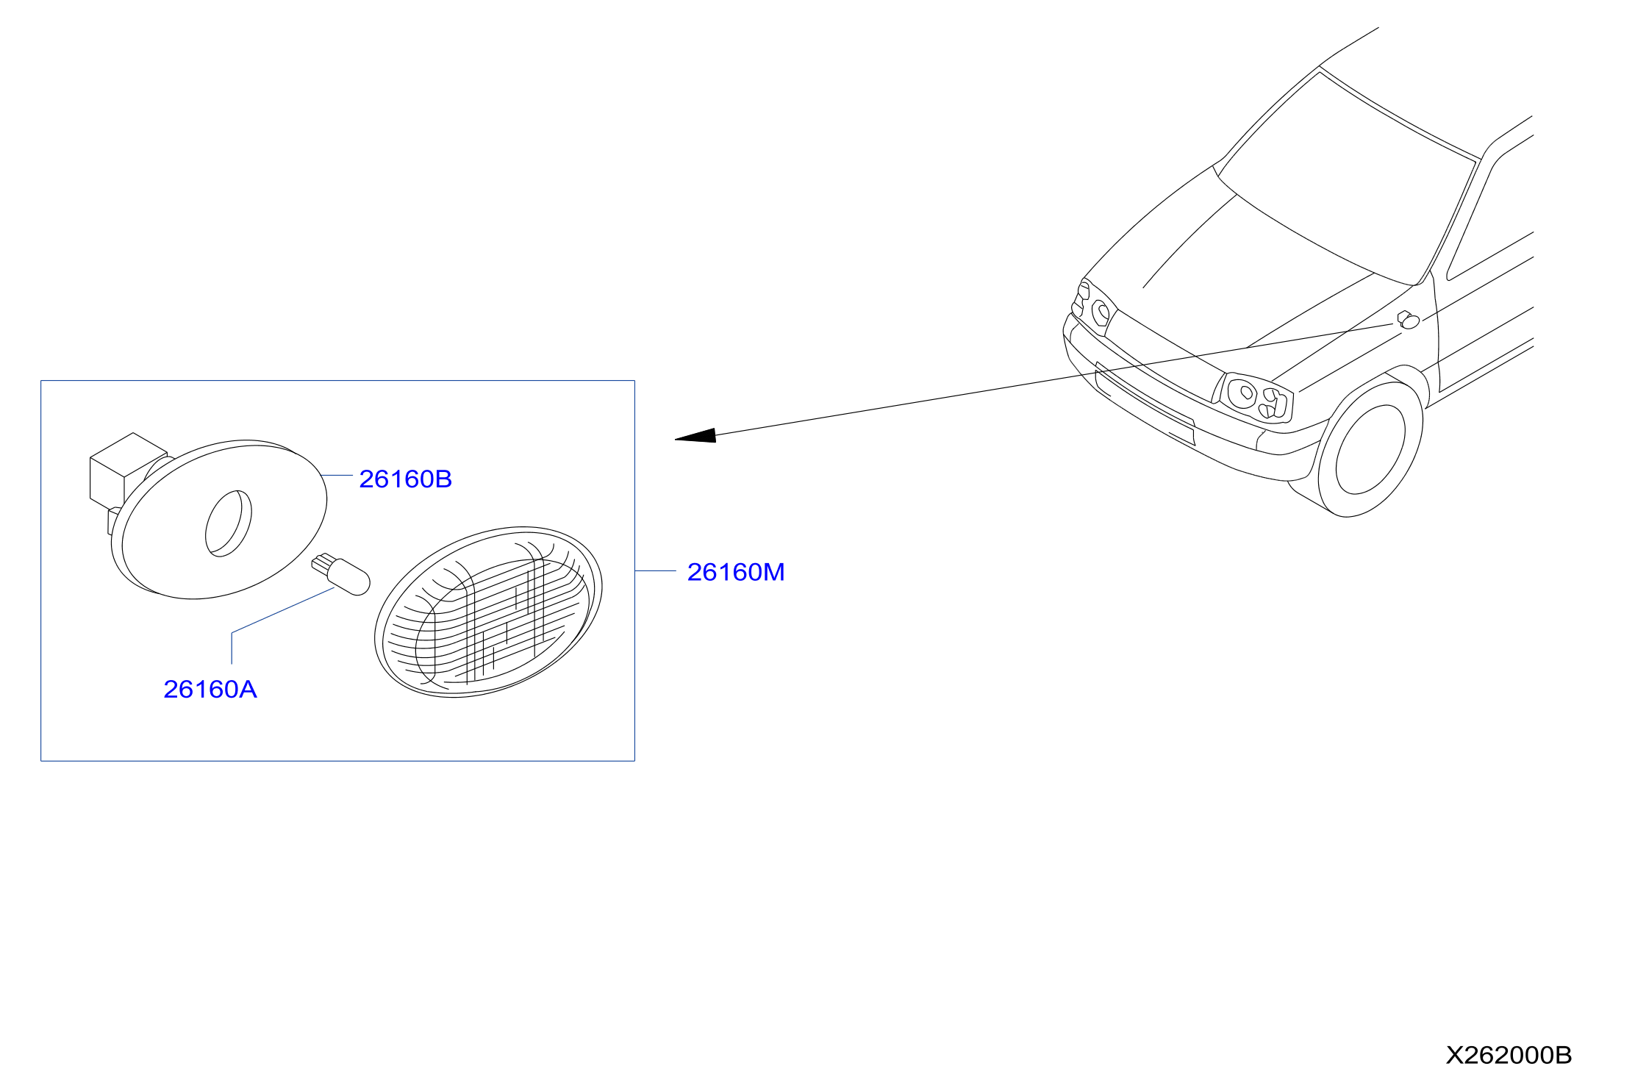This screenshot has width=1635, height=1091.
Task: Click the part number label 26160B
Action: pos(405,479)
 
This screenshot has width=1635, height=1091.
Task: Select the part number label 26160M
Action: pos(736,572)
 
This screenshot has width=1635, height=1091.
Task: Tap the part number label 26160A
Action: pos(210,690)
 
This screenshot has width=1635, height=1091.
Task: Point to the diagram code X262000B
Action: pos(1509,1056)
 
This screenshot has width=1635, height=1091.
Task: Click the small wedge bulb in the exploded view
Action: pos(340,574)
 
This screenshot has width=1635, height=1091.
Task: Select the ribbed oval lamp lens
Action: pos(488,612)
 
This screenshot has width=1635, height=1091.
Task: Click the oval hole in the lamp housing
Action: pos(228,523)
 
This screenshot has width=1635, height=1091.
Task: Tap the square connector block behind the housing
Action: pos(121,471)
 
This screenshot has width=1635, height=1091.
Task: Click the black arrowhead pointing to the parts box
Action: pos(695,436)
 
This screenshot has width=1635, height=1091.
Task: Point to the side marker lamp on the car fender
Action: pos(1408,320)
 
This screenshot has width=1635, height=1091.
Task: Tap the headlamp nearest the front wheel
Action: pos(1256,398)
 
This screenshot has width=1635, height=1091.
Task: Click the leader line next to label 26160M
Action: pos(656,570)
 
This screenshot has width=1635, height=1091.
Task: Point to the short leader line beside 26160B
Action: pos(337,476)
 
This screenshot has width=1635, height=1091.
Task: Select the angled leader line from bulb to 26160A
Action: pos(282,610)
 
